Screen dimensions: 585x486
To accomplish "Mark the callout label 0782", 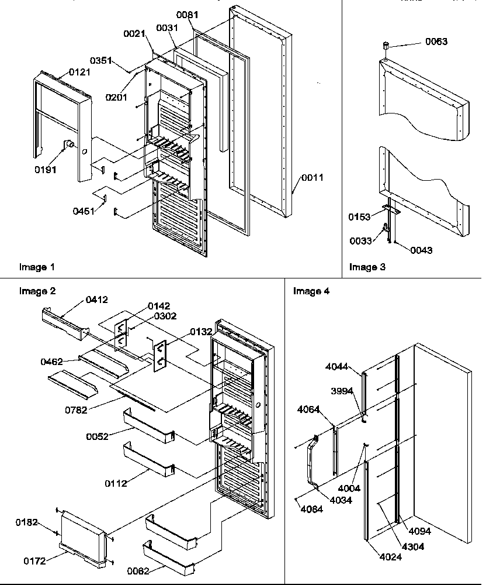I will pyautogui.click(x=76, y=410).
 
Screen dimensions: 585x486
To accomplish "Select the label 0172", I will pyautogui.click(x=34, y=561).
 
